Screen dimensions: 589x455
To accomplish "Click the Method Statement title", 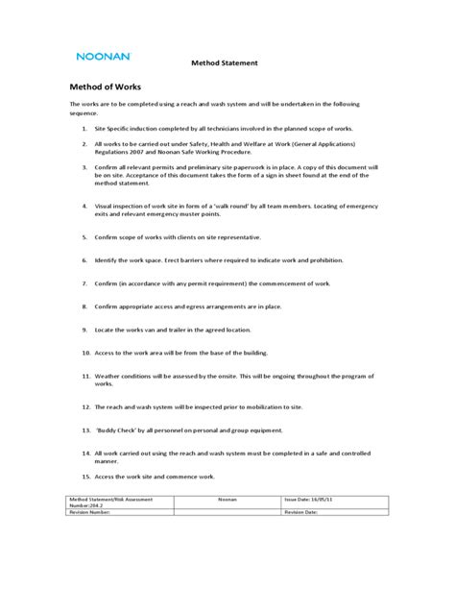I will tap(226, 62).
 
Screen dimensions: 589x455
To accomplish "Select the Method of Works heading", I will tap(107, 86).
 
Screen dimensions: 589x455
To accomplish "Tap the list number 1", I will tap(85, 128).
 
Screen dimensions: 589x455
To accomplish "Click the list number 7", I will tap(85, 283).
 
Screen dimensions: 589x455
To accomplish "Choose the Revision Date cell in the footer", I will tap(307, 513).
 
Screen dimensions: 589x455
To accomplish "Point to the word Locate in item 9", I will tap(106, 329).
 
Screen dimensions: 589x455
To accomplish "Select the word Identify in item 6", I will tap(108, 259).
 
